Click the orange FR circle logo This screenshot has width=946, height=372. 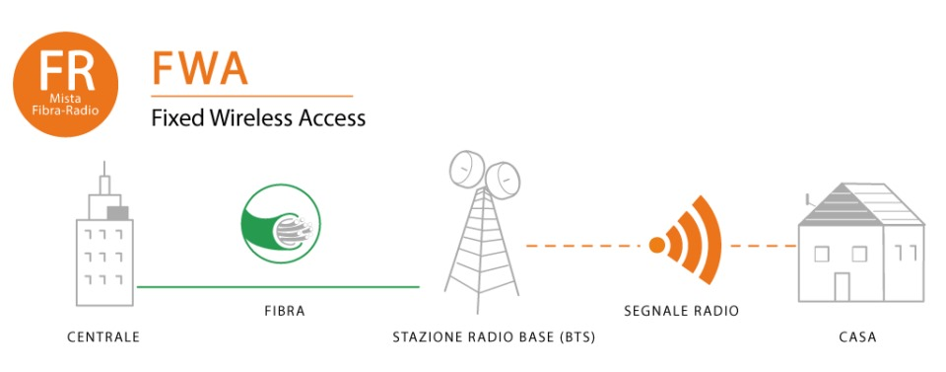pyautogui.click(x=66, y=84)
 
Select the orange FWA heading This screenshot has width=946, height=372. pyautogui.click(x=200, y=68)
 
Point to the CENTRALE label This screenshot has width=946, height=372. pyautogui.click(x=103, y=337)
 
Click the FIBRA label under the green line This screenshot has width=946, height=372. pyautogui.click(x=285, y=312)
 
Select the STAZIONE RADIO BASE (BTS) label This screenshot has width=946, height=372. pyautogui.click(x=494, y=337)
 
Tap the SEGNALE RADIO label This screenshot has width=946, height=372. pyautogui.click(x=681, y=312)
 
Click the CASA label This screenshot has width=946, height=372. pyautogui.click(x=857, y=337)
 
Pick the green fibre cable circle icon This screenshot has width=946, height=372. pyautogui.click(x=281, y=223)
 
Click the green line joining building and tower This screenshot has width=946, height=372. pyautogui.click(x=278, y=287)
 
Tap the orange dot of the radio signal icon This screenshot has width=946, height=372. pyautogui.click(x=657, y=245)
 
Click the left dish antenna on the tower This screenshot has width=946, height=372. pyautogui.click(x=467, y=169)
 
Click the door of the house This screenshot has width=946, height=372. pyautogui.click(x=843, y=287)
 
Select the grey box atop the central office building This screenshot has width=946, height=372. pyautogui.click(x=117, y=212)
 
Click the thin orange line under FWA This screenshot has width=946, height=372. pyautogui.click(x=251, y=96)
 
